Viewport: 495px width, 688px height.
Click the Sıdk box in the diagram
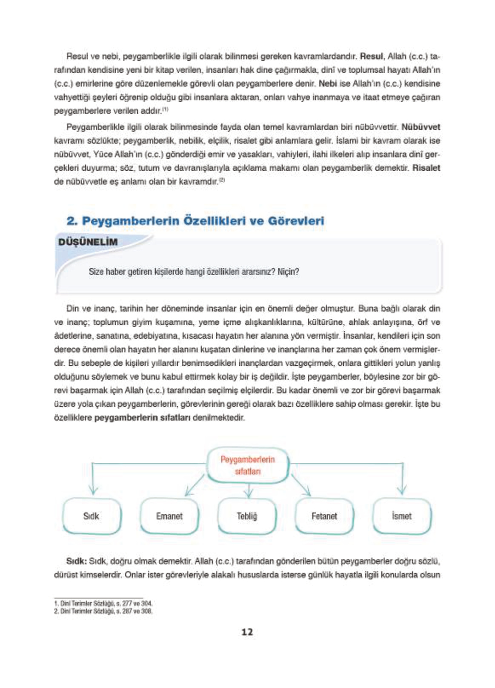pyautogui.click(x=91, y=516)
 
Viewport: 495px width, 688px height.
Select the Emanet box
pyautogui.click(x=169, y=516)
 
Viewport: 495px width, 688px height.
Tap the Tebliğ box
pyautogui.click(x=247, y=516)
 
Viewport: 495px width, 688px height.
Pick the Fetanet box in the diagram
pyautogui.click(x=324, y=516)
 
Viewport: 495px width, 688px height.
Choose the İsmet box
pyautogui.click(x=402, y=516)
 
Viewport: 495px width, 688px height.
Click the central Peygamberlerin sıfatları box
pyautogui.click(x=248, y=465)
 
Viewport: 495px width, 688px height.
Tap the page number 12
pyautogui.click(x=247, y=632)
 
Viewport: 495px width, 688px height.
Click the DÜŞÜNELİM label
pyautogui.click(x=88, y=242)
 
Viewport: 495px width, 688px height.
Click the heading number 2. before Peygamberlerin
pyautogui.click(x=72, y=221)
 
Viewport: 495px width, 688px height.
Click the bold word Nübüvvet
pyautogui.click(x=421, y=127)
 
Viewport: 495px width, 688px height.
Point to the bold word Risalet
pyautogui.click(x=426, y=168)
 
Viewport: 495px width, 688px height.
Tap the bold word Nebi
pyautogui.click(x=328, y=83)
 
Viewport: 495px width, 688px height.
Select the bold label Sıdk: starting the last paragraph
pyautogui.click(x=77, y=561)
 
